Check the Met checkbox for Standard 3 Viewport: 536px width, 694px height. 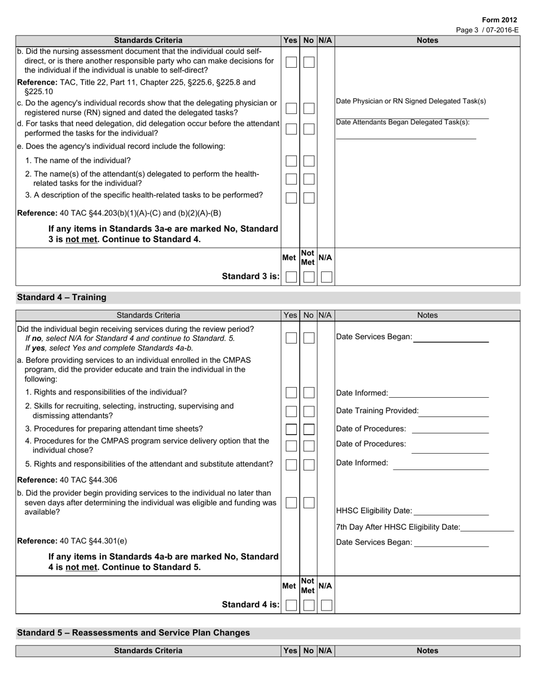pos(291,276)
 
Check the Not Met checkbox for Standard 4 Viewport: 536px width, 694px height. pos(308,605)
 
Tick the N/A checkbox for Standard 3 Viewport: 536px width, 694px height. pos(326,276)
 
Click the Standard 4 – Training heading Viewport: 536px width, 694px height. pos(61,297)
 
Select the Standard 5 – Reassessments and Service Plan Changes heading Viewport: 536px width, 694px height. pos(133,633)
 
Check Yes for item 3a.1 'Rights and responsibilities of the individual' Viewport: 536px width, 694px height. pos(291,393)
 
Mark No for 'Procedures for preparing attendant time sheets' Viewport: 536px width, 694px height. pos(308,429)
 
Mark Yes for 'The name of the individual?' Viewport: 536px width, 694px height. pos(291,161)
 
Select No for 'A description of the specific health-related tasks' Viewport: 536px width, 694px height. pos(308,198)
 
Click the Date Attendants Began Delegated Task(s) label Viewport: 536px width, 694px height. pos(402,122)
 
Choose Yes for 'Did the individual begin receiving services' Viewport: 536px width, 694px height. pos(291,338)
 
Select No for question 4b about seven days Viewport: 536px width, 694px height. pos(308,503)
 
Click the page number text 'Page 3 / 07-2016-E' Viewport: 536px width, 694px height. pos(486,30)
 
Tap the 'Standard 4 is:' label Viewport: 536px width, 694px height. pos(251,605)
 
